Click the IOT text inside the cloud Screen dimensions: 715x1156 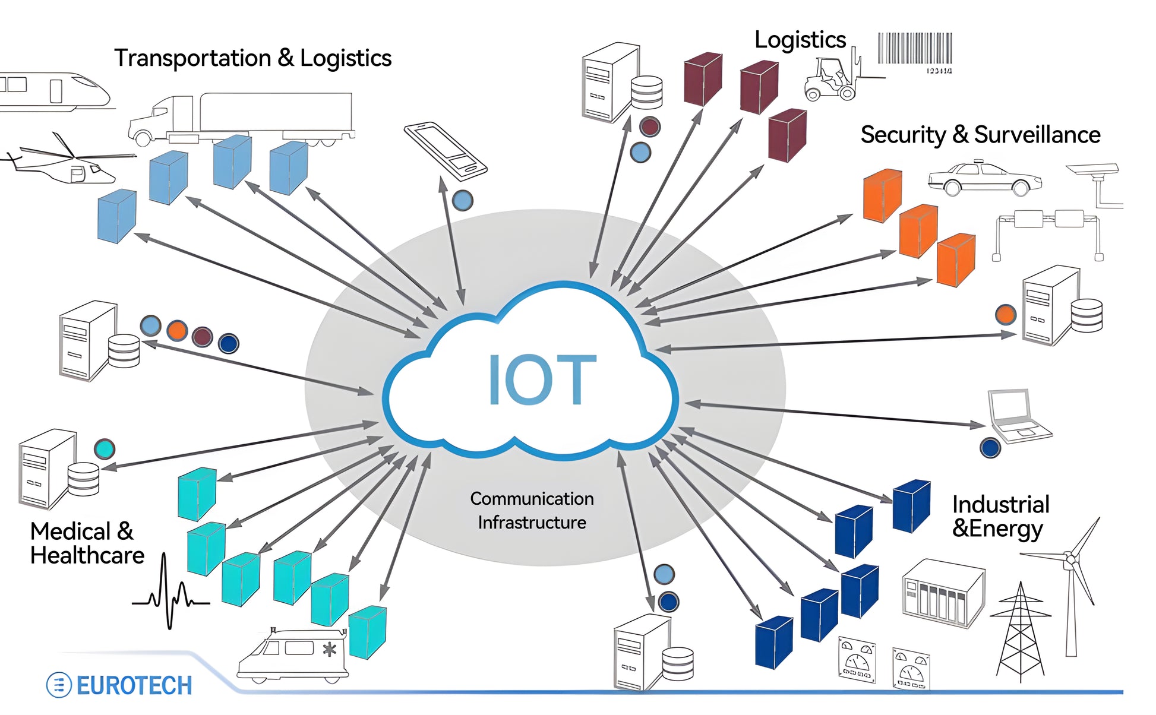click(x=542, y=380)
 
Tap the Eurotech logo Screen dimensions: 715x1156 click(x=119, y=685)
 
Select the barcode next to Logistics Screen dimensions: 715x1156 click(x=915, y=50)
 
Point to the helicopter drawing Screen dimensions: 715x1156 click(x=65, y=162)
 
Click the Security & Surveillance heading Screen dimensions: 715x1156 click(x=980, y=135)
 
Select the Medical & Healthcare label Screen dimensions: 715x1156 click(x=87, y=543)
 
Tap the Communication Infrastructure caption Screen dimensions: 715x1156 click(x=532, y=510)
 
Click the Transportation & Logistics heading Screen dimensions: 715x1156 click(x=252, y=58)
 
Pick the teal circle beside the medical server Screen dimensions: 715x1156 click(x=105, y=449)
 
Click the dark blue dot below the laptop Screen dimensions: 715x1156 click(x=990, y=448)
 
